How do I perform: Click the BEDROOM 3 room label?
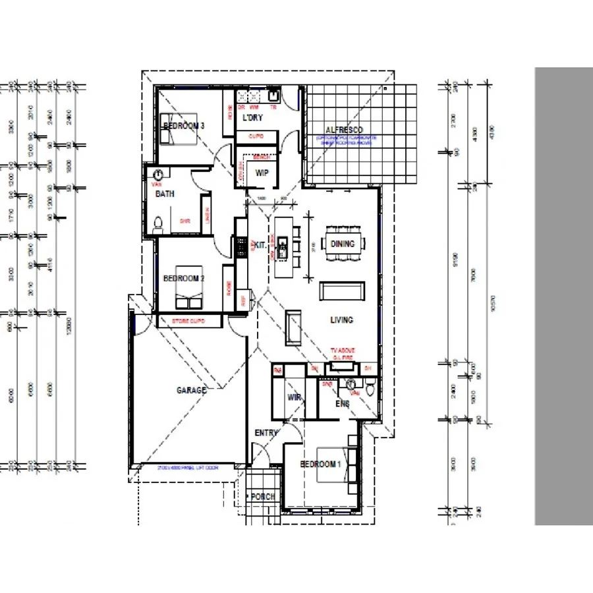[x=184, y=125]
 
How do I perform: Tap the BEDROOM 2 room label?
[x=183, y=279]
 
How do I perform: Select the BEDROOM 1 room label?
[x=320, y=464]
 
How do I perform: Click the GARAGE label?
[x=191, y=390]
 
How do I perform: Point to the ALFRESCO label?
[x=344, y=130]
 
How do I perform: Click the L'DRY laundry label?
[x=253, y=118]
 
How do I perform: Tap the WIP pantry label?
[x=261, y=173]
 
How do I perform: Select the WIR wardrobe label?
[x=294, y=398]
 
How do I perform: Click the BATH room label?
[x=165, y=194]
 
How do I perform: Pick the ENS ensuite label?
[x=342, y=403]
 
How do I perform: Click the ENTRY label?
[x=267, y=433]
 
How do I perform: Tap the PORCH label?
[x=264, y=497]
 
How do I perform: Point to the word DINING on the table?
[x=342, y=244]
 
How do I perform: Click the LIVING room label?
[x=341, y=320]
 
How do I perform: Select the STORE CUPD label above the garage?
[x=188, y=322]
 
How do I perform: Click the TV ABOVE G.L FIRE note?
[x=343, y=353]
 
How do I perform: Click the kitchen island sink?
[x=282, y=247]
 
